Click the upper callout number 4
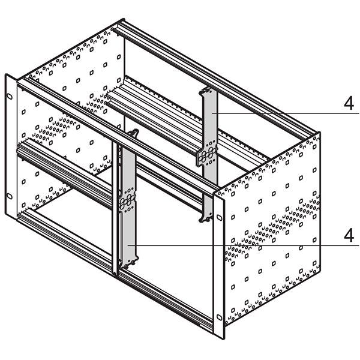click(x=349, y=103)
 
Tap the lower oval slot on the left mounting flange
click(x=10, y=196)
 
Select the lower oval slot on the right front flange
click(x=220, y=316)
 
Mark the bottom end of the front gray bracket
click(x=129, y=263)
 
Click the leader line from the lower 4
click(x=240, y=245)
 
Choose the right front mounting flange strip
click(x=220, y=264)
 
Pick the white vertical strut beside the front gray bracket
click(x=116, y=210)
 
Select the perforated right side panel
click(x=273, y=228)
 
